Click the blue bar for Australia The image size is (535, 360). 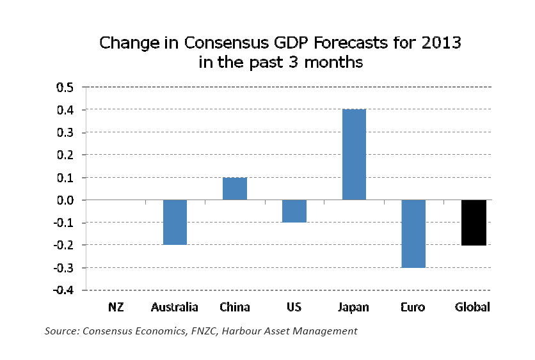click(x=175, y=223)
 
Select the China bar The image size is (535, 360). click(x=235, y=189)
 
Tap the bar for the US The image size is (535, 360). click(x=294, y=211)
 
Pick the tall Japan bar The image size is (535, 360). click(x=354, y=155)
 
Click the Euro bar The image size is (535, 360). click(x=413, y=233)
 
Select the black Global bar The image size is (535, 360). click(x=474, y=223)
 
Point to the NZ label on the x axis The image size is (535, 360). click(x=115, y=308)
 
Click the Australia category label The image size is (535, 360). click(x=175, y=308)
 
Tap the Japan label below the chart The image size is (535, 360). click(x=354, y=308)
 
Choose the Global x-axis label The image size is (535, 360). click(x=473, y=308)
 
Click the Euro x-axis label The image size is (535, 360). click(x=413, y=308)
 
